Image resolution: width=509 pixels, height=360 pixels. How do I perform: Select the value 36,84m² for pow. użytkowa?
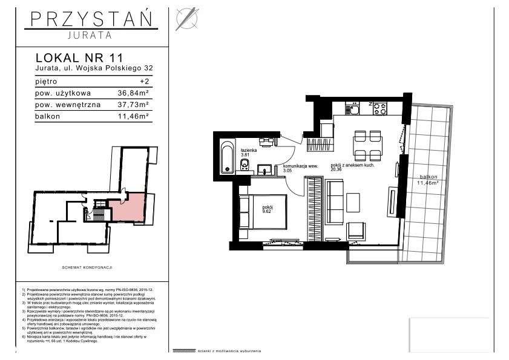coord(133,93)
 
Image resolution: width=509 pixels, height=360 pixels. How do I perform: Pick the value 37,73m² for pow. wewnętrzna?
coord(133,103)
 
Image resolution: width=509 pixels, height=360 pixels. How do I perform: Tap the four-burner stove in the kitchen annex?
coord(379,109)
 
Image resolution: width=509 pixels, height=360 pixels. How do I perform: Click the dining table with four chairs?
coord(367,145)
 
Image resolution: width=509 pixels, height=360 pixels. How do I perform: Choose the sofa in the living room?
coord(335,203)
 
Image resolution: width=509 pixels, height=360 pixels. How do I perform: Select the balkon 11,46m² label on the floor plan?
coord(427,180)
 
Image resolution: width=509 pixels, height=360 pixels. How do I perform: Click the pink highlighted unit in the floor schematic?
coord(133,207)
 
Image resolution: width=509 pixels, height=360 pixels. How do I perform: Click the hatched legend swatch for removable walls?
coord(184,351)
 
